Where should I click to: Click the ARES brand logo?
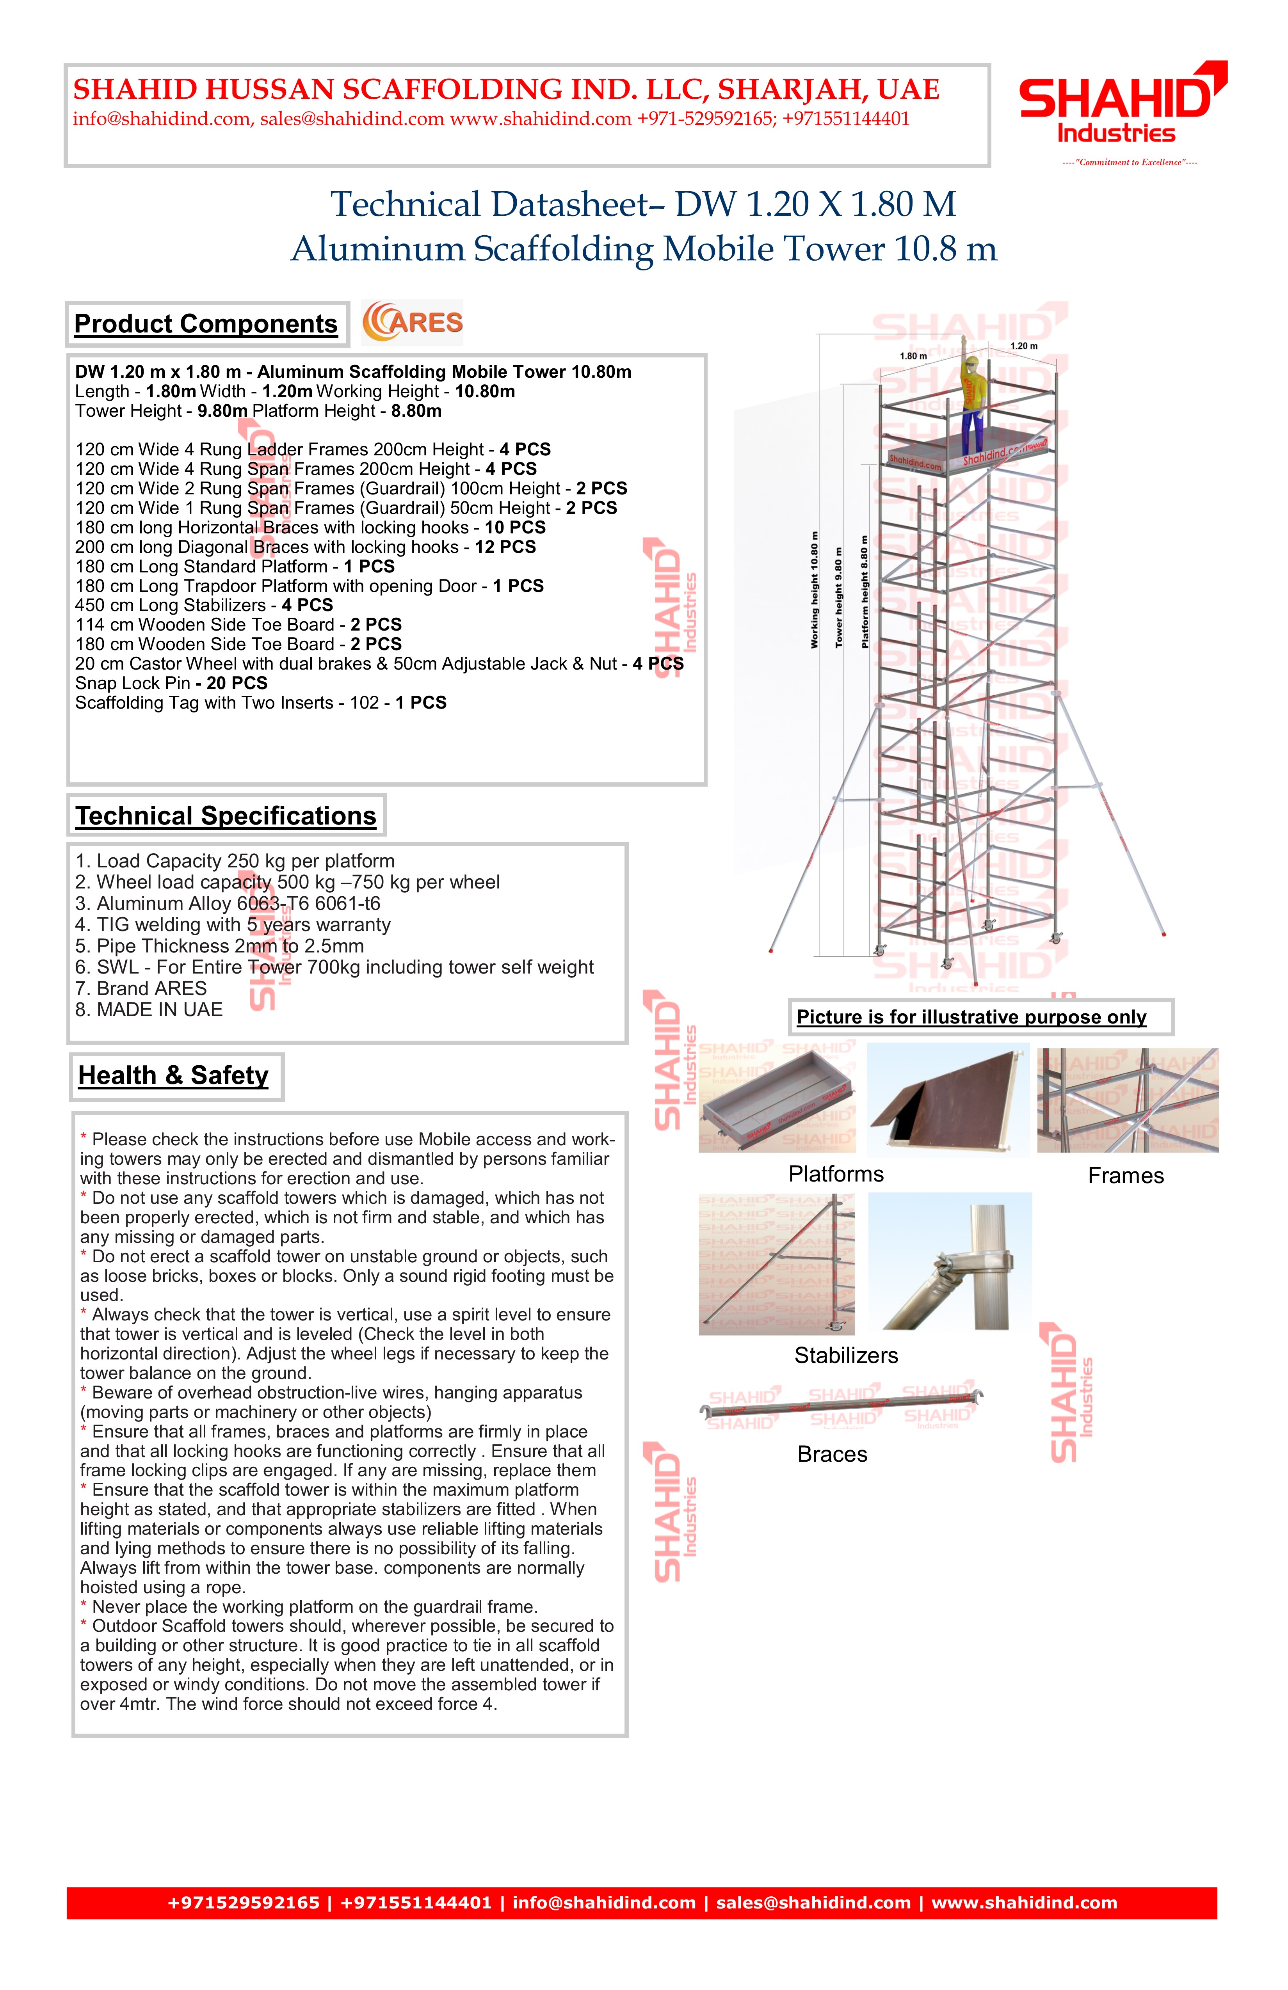(x=412, y=323)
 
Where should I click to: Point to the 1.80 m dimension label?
(x=913, y=356)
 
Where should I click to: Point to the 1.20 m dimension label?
(x=1024, y=346)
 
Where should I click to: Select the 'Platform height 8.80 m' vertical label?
(x=865, y=592)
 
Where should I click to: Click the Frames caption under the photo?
(x=1126, y=1176)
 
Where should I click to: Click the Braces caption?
(x=832, y=1454)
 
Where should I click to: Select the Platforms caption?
(x=836, y=1174)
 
